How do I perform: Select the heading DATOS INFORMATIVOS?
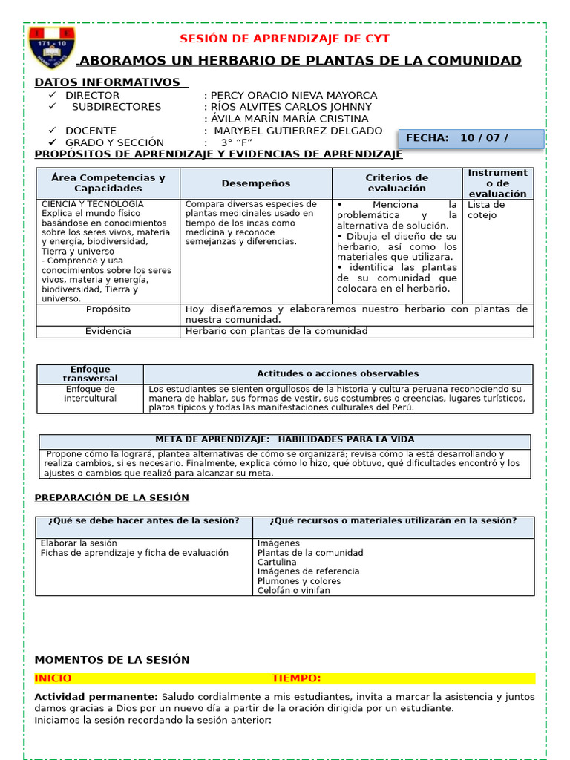tap(108, 82)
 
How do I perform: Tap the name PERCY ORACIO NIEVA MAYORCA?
tap(294, 96)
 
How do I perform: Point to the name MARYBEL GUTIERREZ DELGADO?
tap(298, 131)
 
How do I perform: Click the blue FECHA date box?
tap(471, 138)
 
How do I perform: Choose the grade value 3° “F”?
tap(236, 142)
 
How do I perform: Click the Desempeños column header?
tap(255, 183)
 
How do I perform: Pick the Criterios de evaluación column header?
tap(396, 183)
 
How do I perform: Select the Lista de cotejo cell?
tap(486, 210)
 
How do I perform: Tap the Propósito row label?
tap(108, 309)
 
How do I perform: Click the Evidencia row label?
tap(108, 331)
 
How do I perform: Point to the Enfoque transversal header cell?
tap(90, 374)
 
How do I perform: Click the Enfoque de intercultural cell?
tap(90, 393)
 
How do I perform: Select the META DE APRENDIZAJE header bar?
tap(284, 439)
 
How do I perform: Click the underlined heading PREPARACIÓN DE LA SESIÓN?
tap(111, 497)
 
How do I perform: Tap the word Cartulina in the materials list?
tap(277, 562)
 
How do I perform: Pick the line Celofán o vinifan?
tap(293, 590)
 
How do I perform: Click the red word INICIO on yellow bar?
tap(53, 678)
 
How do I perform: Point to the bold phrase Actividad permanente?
tap(96, 697)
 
